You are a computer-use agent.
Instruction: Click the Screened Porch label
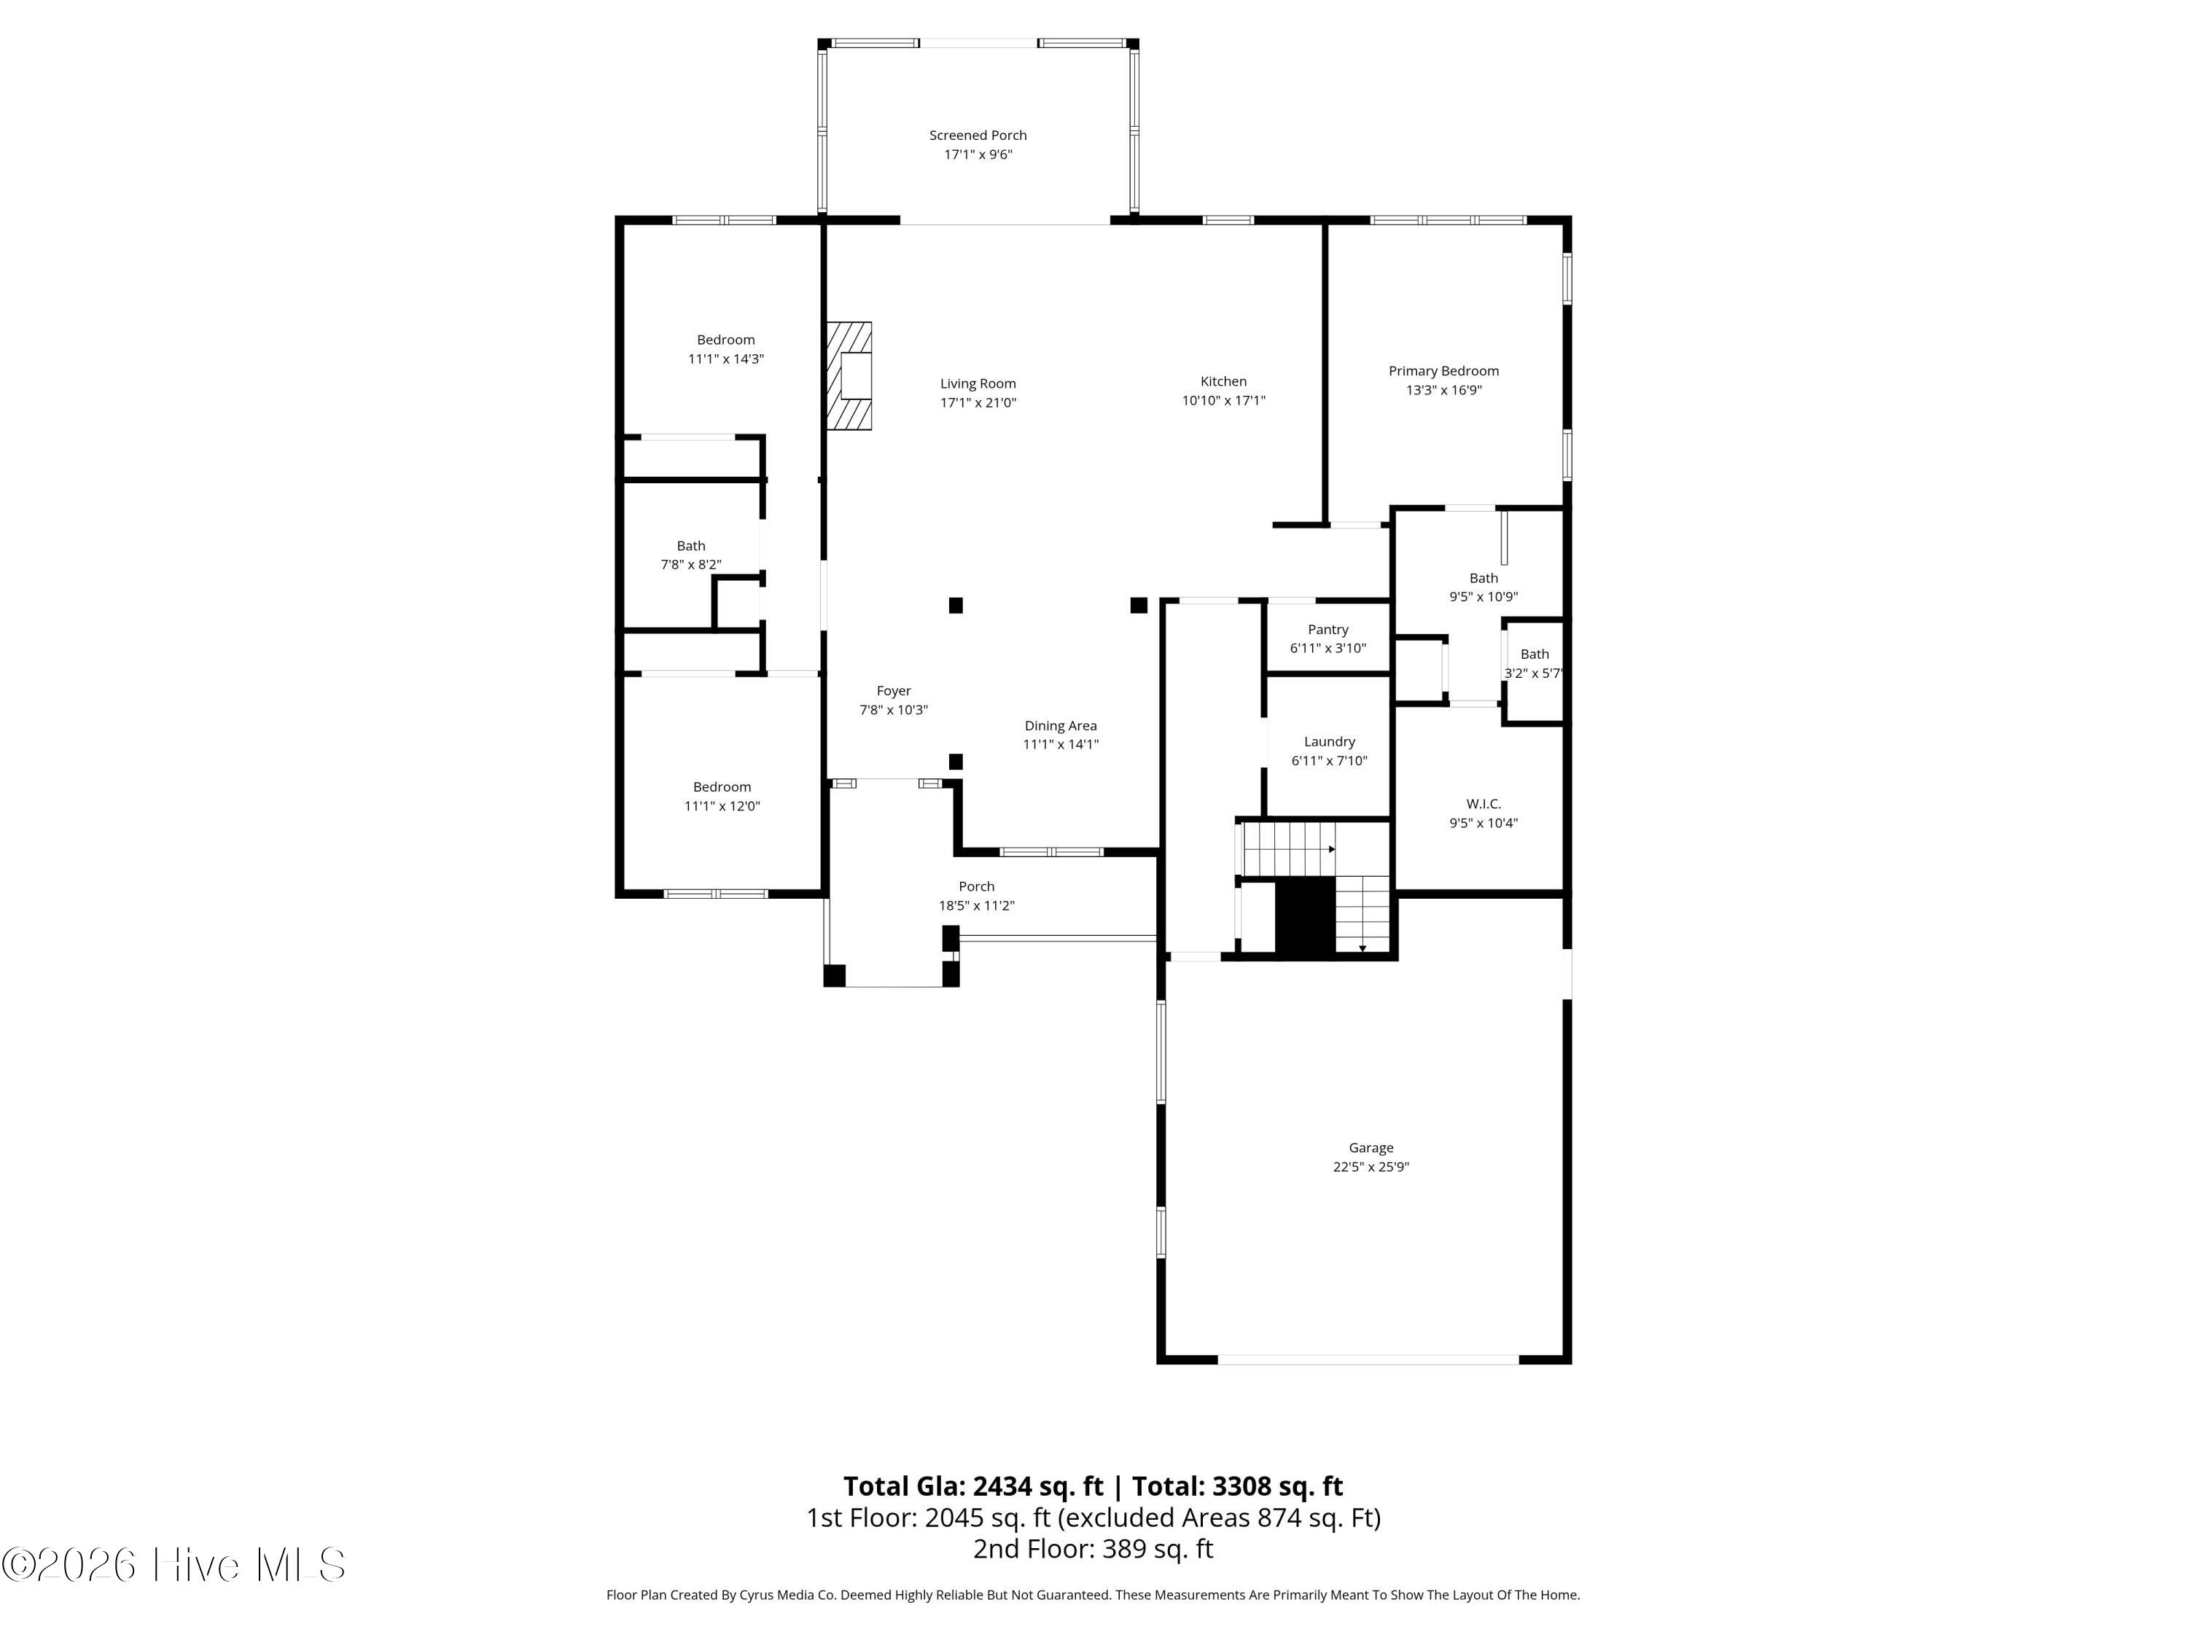(978, 136)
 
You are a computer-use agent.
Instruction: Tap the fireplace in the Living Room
(849, 375)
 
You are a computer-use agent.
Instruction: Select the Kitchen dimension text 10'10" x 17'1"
(1224, 400)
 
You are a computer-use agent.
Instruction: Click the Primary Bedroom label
(1443, 371)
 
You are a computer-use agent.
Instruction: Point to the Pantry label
(1328, 630)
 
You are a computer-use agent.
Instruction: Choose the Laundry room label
(1330, 741)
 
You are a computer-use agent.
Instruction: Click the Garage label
(1371, 1148)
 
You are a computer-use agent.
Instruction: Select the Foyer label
(894, 691)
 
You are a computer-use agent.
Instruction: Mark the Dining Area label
(1061, 725)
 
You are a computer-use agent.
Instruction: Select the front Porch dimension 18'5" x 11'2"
(977, 905)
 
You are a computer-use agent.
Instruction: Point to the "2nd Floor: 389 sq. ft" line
(1093, 1548)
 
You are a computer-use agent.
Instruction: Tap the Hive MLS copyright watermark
(174, 1565)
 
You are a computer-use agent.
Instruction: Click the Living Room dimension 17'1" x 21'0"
(978, 402)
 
